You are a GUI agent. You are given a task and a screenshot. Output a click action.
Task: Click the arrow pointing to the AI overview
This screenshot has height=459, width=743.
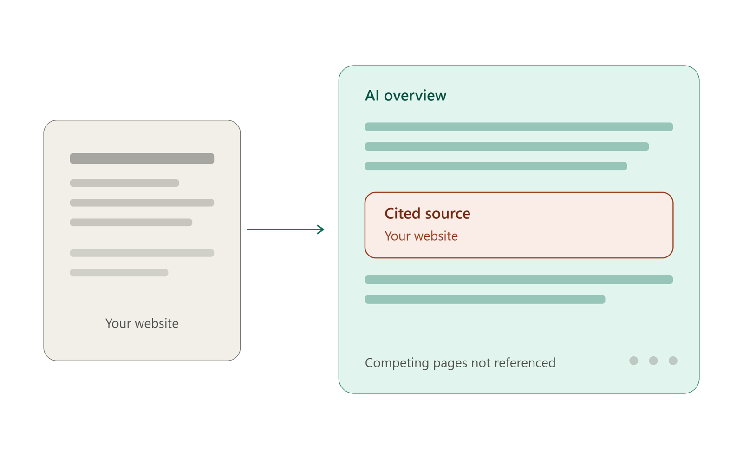pyautogui.click(x=285, y=229)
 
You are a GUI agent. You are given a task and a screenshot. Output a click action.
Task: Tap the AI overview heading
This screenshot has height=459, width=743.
pyautogui.click(x=405, y=96)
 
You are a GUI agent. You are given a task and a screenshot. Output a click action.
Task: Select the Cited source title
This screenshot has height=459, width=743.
pyautogui.click(x=427, y=213)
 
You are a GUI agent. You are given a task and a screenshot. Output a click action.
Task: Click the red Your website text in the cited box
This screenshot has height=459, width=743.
pyautogui.click(x=421, y=236)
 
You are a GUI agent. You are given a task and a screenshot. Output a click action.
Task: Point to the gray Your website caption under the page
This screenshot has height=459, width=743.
pyautogui.click(x=142, y=323)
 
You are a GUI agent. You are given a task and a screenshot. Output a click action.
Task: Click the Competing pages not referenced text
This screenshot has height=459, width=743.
pyautogui.click(x=460, y=363)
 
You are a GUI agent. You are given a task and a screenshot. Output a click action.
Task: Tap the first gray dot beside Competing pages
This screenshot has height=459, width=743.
pyautogui.click(x=633, y=361)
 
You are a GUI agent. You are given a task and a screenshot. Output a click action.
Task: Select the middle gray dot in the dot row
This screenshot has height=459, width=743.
pyautogui.click(x=653, y=361)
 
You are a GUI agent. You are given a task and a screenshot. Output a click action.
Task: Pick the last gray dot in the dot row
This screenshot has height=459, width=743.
pyautogui.click(x=673, y=361)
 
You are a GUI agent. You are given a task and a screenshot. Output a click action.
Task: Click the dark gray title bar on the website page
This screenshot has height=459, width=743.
pyautogui.click(x=142, y=158)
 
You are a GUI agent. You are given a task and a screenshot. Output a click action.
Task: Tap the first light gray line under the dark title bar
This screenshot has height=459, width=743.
pyautogui.click(x=124, y=183)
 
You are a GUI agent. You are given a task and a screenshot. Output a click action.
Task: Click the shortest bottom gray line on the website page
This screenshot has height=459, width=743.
pyautogui.click(x=119, y=273)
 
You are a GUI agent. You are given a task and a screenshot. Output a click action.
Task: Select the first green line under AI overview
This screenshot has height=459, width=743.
pyautogui.click(x=519, y=127)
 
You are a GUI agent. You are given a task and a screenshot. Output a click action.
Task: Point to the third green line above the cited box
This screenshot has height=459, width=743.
pyautogui.click(x=496, y=166)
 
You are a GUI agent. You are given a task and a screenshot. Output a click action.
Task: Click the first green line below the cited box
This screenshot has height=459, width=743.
pyautogui.click(x=519, y=280)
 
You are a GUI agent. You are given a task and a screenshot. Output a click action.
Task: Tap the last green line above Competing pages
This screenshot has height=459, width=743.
pyautogui.click(x=485, y=299)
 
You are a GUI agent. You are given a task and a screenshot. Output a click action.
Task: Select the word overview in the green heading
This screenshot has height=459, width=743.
pyautogui.click(x=415, y=96)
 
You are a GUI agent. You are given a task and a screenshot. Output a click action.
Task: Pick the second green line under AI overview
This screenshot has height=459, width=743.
pyautogui.click(x=507, y=146)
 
